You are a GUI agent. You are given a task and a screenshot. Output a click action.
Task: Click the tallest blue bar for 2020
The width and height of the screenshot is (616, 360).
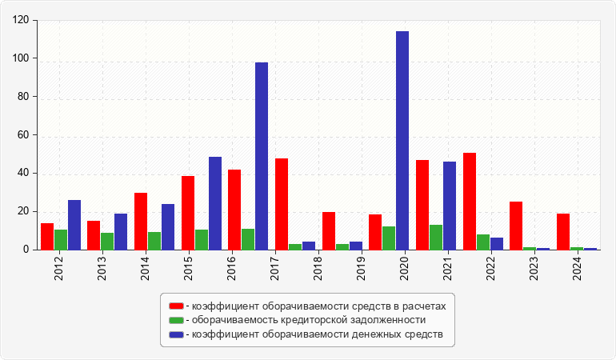pyautogui.click(x=402, y=141)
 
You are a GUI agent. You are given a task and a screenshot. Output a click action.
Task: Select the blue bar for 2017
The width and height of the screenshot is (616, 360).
pyautogui.click(x=262, y=156)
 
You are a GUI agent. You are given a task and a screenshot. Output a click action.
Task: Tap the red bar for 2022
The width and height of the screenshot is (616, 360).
pyautogui.click(x=470, y=201)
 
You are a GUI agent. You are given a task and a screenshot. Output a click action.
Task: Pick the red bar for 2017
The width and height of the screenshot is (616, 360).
pyautogui.click(x=282, y=204)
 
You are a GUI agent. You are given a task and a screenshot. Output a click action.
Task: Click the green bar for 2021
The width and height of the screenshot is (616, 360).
pyautogui.click(x=436, y=237)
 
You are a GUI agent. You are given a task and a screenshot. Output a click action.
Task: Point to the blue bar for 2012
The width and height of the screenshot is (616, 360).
pyautogui.click(x=74, y=225)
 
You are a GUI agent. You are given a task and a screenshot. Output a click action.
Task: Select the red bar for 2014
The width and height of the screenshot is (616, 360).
pyautogui.click(x=141, y=221)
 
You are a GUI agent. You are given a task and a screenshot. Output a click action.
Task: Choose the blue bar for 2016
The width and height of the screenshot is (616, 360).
pyautogui.click(x=215, y=203)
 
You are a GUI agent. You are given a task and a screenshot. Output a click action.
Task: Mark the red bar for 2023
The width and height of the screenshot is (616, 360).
pyautogui.click(x=516, y=226)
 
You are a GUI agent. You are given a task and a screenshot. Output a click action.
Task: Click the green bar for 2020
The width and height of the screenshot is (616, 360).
pyautogui.click(x=389, y=238)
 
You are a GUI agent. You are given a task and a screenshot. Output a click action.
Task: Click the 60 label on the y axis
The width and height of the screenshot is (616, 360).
pyautogui.click(x=24, y=135)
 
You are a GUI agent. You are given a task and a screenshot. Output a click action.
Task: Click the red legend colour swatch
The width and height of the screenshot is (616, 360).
pyautogui.click(x=176, y=306)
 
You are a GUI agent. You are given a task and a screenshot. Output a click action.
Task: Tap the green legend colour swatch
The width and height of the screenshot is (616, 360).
pyautogui.click(x=176, y=320)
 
